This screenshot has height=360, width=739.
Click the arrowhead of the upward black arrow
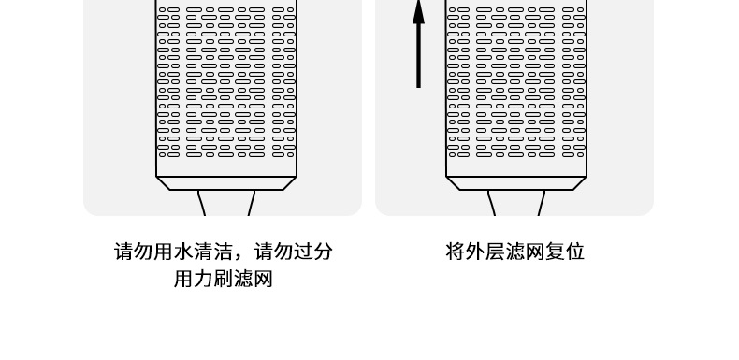click(418, 13)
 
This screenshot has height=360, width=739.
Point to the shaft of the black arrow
click(418, 55)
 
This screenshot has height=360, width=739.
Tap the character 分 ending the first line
click(323, 252)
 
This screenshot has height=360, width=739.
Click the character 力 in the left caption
click(203, 279)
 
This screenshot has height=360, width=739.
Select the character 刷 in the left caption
click(223, 279)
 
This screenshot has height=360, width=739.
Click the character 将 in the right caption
click(456, 252)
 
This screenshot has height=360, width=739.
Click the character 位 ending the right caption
click(574, 252)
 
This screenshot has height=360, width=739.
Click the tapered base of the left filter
click(226, 183)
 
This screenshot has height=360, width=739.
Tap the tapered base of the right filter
click(516, 183)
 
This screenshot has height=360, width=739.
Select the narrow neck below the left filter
click(226, 203)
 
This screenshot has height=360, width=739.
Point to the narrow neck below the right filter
click(516, 203)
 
